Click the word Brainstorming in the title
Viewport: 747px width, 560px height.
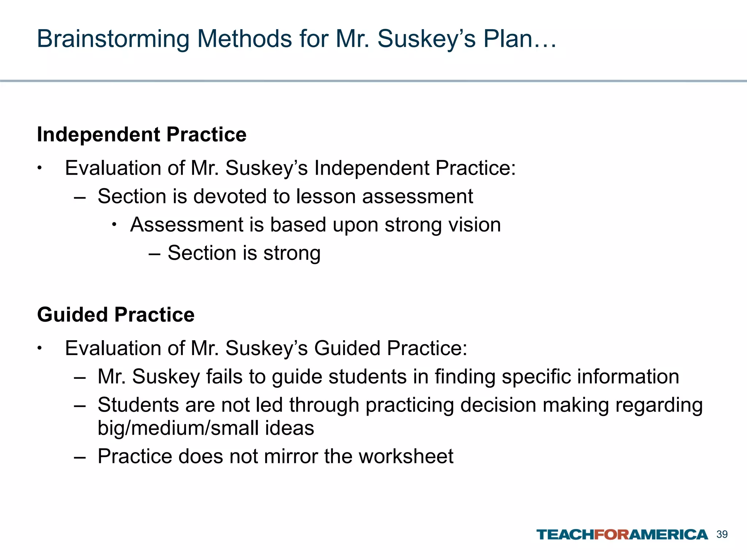coord(113,39)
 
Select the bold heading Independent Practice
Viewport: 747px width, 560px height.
coord(142,135)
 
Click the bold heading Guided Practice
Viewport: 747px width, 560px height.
coord(116,315)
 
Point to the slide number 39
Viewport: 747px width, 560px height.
coord(722,534)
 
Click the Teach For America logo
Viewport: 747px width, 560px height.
coord(622,535)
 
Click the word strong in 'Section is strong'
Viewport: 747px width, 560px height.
coord(292,253)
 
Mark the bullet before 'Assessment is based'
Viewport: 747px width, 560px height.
coord(114,225)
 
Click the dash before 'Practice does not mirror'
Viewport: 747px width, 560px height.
coord(80,456)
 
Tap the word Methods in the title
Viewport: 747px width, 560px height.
coord(244,39)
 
